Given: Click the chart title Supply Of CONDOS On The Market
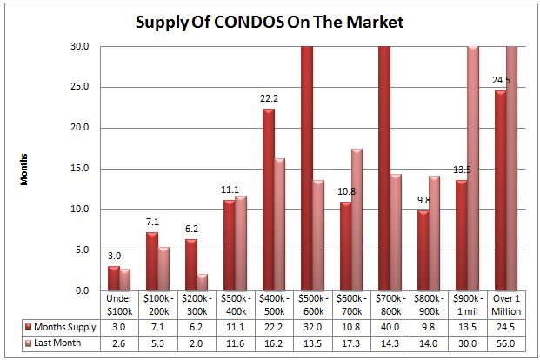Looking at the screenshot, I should point(270,20).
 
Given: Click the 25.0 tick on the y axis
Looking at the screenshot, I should point(79,87).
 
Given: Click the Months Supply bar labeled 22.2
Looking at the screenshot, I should point(269,199).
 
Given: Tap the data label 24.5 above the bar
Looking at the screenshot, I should point(499,80).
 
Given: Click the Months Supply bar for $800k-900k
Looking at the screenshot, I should point(423,250).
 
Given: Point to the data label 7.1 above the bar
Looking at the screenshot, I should point(152,222).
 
